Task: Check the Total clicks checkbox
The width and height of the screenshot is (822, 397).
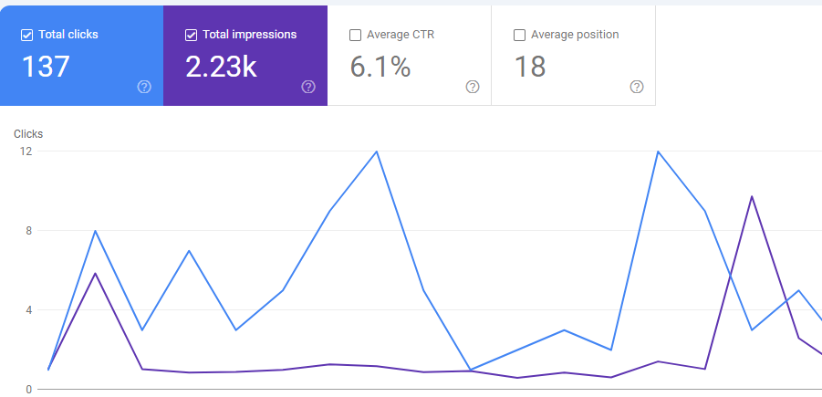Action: (26, 36)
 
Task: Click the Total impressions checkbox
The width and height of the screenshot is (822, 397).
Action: (191, 36)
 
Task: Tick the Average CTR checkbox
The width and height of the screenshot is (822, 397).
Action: (355, 36)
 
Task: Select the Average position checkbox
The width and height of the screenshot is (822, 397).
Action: (519, 36)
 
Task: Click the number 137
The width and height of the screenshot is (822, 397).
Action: (46, 67)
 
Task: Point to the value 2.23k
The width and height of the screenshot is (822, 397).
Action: (221, 67)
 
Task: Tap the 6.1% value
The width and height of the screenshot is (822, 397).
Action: (380, 67)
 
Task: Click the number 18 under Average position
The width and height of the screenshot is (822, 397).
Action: (530, 67)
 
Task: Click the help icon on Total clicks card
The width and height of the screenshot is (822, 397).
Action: (144, 87)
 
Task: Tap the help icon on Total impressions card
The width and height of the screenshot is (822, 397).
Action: (308, 87)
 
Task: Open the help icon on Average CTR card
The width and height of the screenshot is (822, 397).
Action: (473, 87)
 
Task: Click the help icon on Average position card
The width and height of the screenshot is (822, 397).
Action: (637, 87)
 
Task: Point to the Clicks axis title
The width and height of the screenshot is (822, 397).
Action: (28, 134)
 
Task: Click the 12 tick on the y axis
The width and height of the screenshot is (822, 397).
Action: (27, 151)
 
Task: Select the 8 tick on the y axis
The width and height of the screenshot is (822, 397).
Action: (29, 231)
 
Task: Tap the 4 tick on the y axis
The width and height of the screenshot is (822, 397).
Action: (29, 310)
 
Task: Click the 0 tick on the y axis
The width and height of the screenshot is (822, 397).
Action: (29, 390)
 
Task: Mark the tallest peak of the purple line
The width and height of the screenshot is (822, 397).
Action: (752, 196)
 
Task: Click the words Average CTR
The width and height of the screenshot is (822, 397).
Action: (401, 36)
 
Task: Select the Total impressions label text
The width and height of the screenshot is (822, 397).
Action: (249, 36)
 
